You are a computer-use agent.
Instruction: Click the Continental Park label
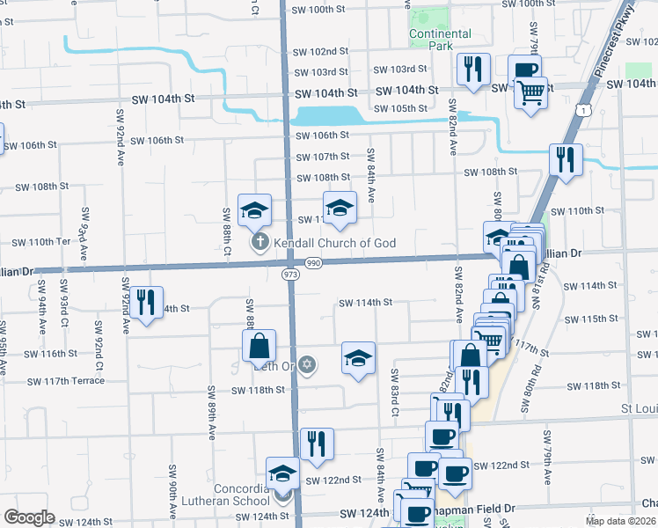click(x=440, y=40)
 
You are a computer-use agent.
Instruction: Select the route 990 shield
click(x=313, y=263)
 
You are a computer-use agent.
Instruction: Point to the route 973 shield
click(x=291, y=275)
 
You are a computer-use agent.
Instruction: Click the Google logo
click(x=29, y=517)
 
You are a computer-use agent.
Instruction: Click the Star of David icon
click(x=306, y=364)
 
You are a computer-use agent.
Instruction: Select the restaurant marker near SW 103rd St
click(x=473, y=69)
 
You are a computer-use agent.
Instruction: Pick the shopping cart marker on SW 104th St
click(x=530, y=92)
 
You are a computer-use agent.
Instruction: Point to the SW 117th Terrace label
click(x=65, y=381)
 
